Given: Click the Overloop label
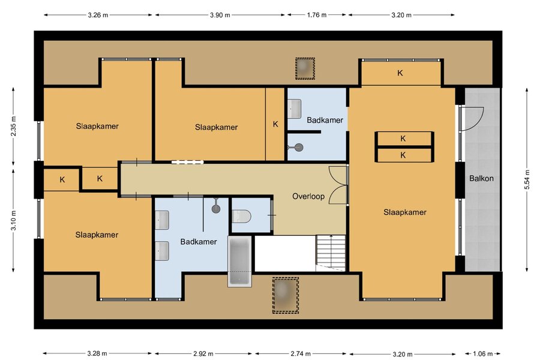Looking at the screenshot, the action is [x=308, y=196].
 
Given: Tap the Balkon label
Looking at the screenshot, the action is [x=481, y=178].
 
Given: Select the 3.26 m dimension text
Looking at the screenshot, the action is [x=98, y=15].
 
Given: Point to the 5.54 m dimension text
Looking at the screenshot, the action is [x=527, y=179].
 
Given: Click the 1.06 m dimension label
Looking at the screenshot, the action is [x=482, y=353].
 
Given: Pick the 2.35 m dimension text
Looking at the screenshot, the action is [x=13, y=127].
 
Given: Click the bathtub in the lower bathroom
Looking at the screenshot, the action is [x=239, y=261].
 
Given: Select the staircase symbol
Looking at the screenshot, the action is [x=331, y=253].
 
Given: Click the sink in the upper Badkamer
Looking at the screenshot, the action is [x=295, y=109].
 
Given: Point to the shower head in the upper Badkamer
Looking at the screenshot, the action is [x=298, y=148].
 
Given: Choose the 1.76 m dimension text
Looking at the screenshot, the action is [x=317, y=15].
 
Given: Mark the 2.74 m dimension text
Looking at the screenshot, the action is [x=301, y=353].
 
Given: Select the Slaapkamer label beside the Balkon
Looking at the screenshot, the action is [x=405, y=212].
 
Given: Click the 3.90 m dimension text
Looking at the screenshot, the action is [x=220, y=15].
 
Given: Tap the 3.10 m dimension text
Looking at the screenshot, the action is [x=13, y=220].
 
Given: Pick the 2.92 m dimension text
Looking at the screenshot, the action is [x=203, y=353].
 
